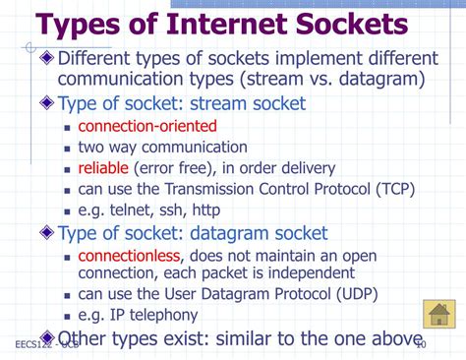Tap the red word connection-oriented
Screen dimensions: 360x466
(x=147, y=126)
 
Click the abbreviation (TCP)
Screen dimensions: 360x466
(x=392, y=188)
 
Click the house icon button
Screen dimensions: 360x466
(x=437, y=315)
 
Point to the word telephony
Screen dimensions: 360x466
(x=161, y=315)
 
